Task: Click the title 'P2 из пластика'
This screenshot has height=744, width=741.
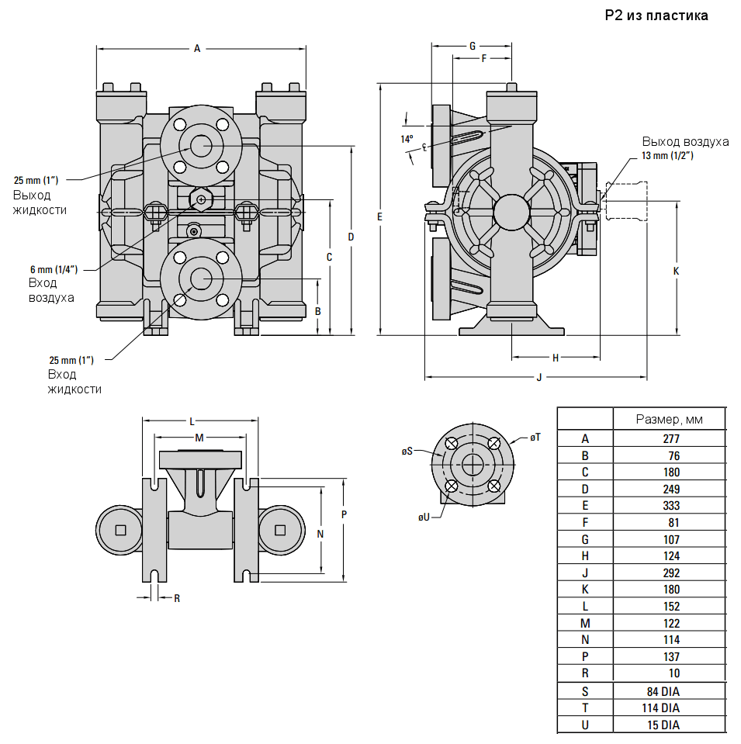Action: click(656, 16)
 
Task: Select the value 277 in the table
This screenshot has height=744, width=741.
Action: click(670, 438)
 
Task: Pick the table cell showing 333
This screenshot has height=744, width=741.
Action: click(670, 506)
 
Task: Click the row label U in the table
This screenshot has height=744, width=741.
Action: click(585, 725)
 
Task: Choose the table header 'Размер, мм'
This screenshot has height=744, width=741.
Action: click(669, 419)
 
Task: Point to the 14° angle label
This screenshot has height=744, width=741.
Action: click(407, 140)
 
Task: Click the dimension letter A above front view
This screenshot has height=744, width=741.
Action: click(197, 49)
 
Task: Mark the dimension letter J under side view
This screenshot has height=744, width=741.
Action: click(538, 378)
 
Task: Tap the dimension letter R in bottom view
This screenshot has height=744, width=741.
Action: click(177, 598)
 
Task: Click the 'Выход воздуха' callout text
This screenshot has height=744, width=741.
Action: click(685, 141)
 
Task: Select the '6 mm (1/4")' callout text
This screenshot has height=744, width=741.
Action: click(54, 269)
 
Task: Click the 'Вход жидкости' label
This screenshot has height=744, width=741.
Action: click(74, 382)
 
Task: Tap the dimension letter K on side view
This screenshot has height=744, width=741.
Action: click(675, 272)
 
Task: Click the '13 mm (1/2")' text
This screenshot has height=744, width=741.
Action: click(667, 155)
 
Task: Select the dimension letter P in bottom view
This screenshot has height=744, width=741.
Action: click(344, 514)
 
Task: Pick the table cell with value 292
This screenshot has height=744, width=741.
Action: click(670, 573)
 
